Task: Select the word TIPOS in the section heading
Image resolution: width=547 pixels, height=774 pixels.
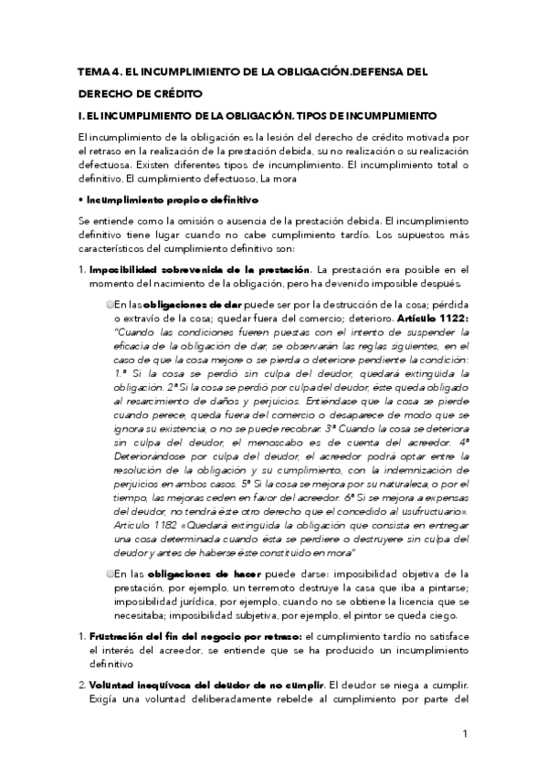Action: pyautogui.click(x=341, y=116)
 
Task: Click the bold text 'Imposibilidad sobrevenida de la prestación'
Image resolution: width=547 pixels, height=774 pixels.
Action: pyautogui.click(x=200, y=269)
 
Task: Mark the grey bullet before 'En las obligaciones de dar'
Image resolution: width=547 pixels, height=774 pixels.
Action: pyautogui.click(x=110, y=303)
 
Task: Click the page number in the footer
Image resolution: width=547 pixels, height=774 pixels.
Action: pyautogui.click(x=465, y=734)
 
